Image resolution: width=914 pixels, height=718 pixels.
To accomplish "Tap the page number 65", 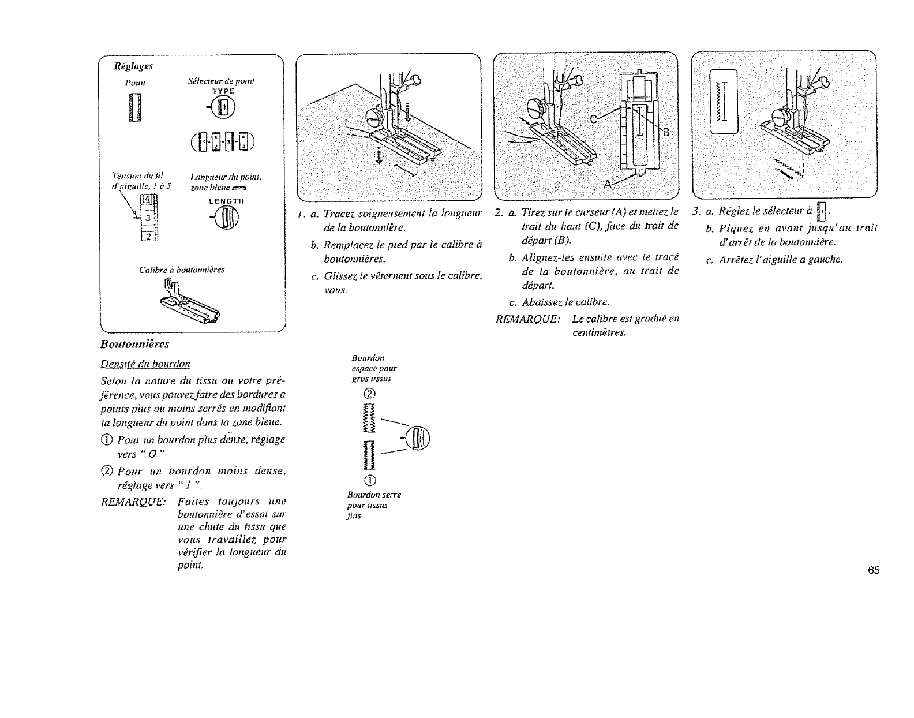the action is point(873,571).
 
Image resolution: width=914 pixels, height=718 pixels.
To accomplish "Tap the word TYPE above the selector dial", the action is point(223,91).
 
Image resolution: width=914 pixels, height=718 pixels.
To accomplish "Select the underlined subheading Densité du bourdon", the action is point(146,364).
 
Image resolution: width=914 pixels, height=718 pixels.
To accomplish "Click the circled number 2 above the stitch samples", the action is point(370,394).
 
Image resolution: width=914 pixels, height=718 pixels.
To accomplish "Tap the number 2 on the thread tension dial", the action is point(147,236).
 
